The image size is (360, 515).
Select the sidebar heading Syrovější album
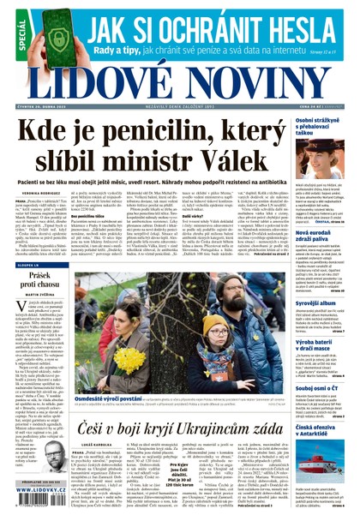click(319, 303)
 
